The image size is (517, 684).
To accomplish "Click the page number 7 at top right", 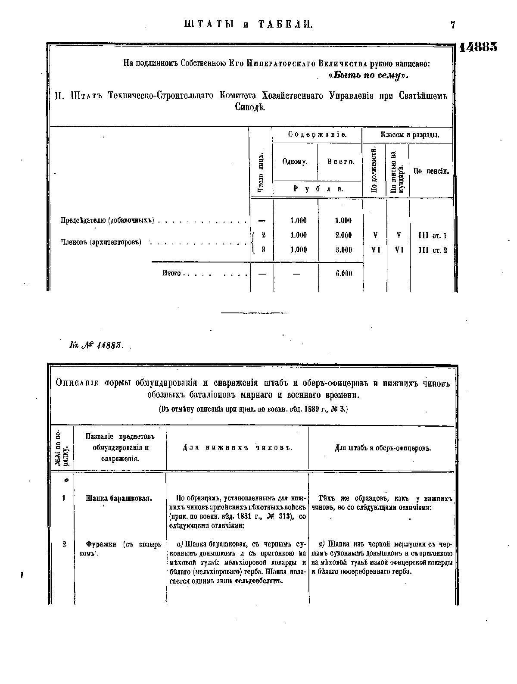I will [453, 25].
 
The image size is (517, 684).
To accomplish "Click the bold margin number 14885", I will [478, 47].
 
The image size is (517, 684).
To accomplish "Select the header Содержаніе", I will [317, 134].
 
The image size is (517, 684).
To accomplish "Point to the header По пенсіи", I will [431, 171].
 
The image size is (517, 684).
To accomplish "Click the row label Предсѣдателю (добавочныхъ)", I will [107, 221].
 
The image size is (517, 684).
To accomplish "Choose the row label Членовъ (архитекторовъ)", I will [101, 242].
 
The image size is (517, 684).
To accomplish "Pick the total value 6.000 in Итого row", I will [343, 274].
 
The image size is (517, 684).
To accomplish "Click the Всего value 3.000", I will [343, 250].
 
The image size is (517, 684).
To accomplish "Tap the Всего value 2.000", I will [343, 235].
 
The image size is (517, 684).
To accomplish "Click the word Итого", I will [171, 274].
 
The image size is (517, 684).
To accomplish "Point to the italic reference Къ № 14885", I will [96, 346].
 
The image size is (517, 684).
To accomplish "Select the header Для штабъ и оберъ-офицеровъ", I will [383, 448].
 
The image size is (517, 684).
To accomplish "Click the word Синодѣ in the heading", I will [250, 107].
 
